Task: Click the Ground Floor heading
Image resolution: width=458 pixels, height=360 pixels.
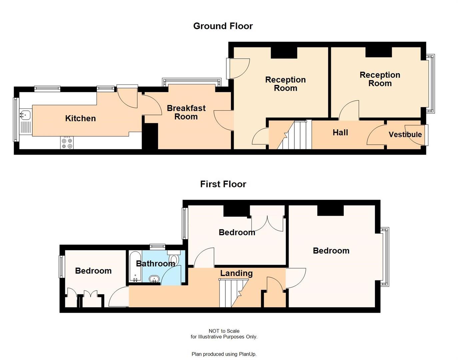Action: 223,26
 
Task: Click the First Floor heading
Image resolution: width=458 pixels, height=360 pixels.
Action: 223,184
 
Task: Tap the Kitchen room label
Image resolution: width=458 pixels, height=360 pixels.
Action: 80,118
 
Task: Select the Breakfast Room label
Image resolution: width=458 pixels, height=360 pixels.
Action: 186,112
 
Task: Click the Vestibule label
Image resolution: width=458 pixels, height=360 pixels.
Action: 405,134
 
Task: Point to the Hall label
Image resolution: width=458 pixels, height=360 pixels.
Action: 340,133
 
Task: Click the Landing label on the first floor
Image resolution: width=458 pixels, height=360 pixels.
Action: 236,273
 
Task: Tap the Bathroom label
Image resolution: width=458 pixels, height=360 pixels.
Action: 155,264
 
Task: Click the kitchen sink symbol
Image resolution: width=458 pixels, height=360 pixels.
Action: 25,115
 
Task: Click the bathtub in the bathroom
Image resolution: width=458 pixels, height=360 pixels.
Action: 135,267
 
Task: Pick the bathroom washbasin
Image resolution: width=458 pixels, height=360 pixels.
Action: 154,279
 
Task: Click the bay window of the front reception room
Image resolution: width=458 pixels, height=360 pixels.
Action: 431,84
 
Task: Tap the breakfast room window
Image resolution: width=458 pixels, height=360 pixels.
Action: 192,81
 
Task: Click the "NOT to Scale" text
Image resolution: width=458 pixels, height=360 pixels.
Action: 224,331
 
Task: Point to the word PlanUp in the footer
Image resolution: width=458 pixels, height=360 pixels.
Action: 247,354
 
